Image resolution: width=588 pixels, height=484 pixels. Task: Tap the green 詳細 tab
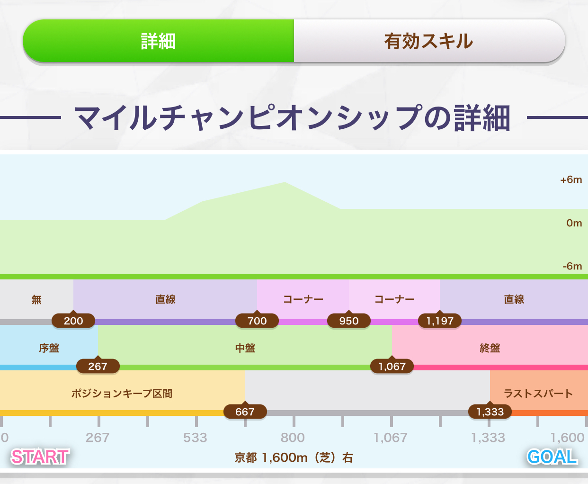[x=159, y=41]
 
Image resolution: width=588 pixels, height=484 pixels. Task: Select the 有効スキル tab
[x=429, y=41]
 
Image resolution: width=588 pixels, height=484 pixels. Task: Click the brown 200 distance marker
[x=73, y=321]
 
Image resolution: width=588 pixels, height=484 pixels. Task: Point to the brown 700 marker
[x=257, y=321]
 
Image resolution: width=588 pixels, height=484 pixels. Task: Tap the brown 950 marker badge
[x=349, y=321]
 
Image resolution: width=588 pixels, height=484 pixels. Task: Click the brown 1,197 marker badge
[x=440, y=321]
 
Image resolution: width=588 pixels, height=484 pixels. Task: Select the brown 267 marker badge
[x=98, y=366]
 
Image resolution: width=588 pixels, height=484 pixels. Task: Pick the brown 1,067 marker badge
[x=392, y=366]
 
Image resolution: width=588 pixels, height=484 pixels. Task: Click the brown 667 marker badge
[x=245, y=412]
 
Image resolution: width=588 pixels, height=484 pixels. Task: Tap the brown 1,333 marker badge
[x=490, y=412]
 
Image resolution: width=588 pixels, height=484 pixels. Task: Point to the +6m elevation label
[x=571, y=179]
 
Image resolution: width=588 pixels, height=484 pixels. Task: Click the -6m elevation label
[x=572, y=266]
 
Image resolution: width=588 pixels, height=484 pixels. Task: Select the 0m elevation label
[x=574, y=223]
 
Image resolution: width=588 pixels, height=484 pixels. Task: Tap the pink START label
[x=40, y=457]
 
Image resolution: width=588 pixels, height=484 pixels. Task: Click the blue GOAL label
[x=552, y=457]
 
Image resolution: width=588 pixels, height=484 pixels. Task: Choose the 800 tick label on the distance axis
[x=293, y=438]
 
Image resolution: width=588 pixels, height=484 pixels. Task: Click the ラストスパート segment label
[x=538, y=394]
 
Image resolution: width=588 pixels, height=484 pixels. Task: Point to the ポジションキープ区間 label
[x=122, y=394]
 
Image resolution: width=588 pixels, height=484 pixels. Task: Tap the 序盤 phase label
[x=49, y=348]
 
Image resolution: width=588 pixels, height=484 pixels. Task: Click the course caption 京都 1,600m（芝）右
[x=294, y=458]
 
